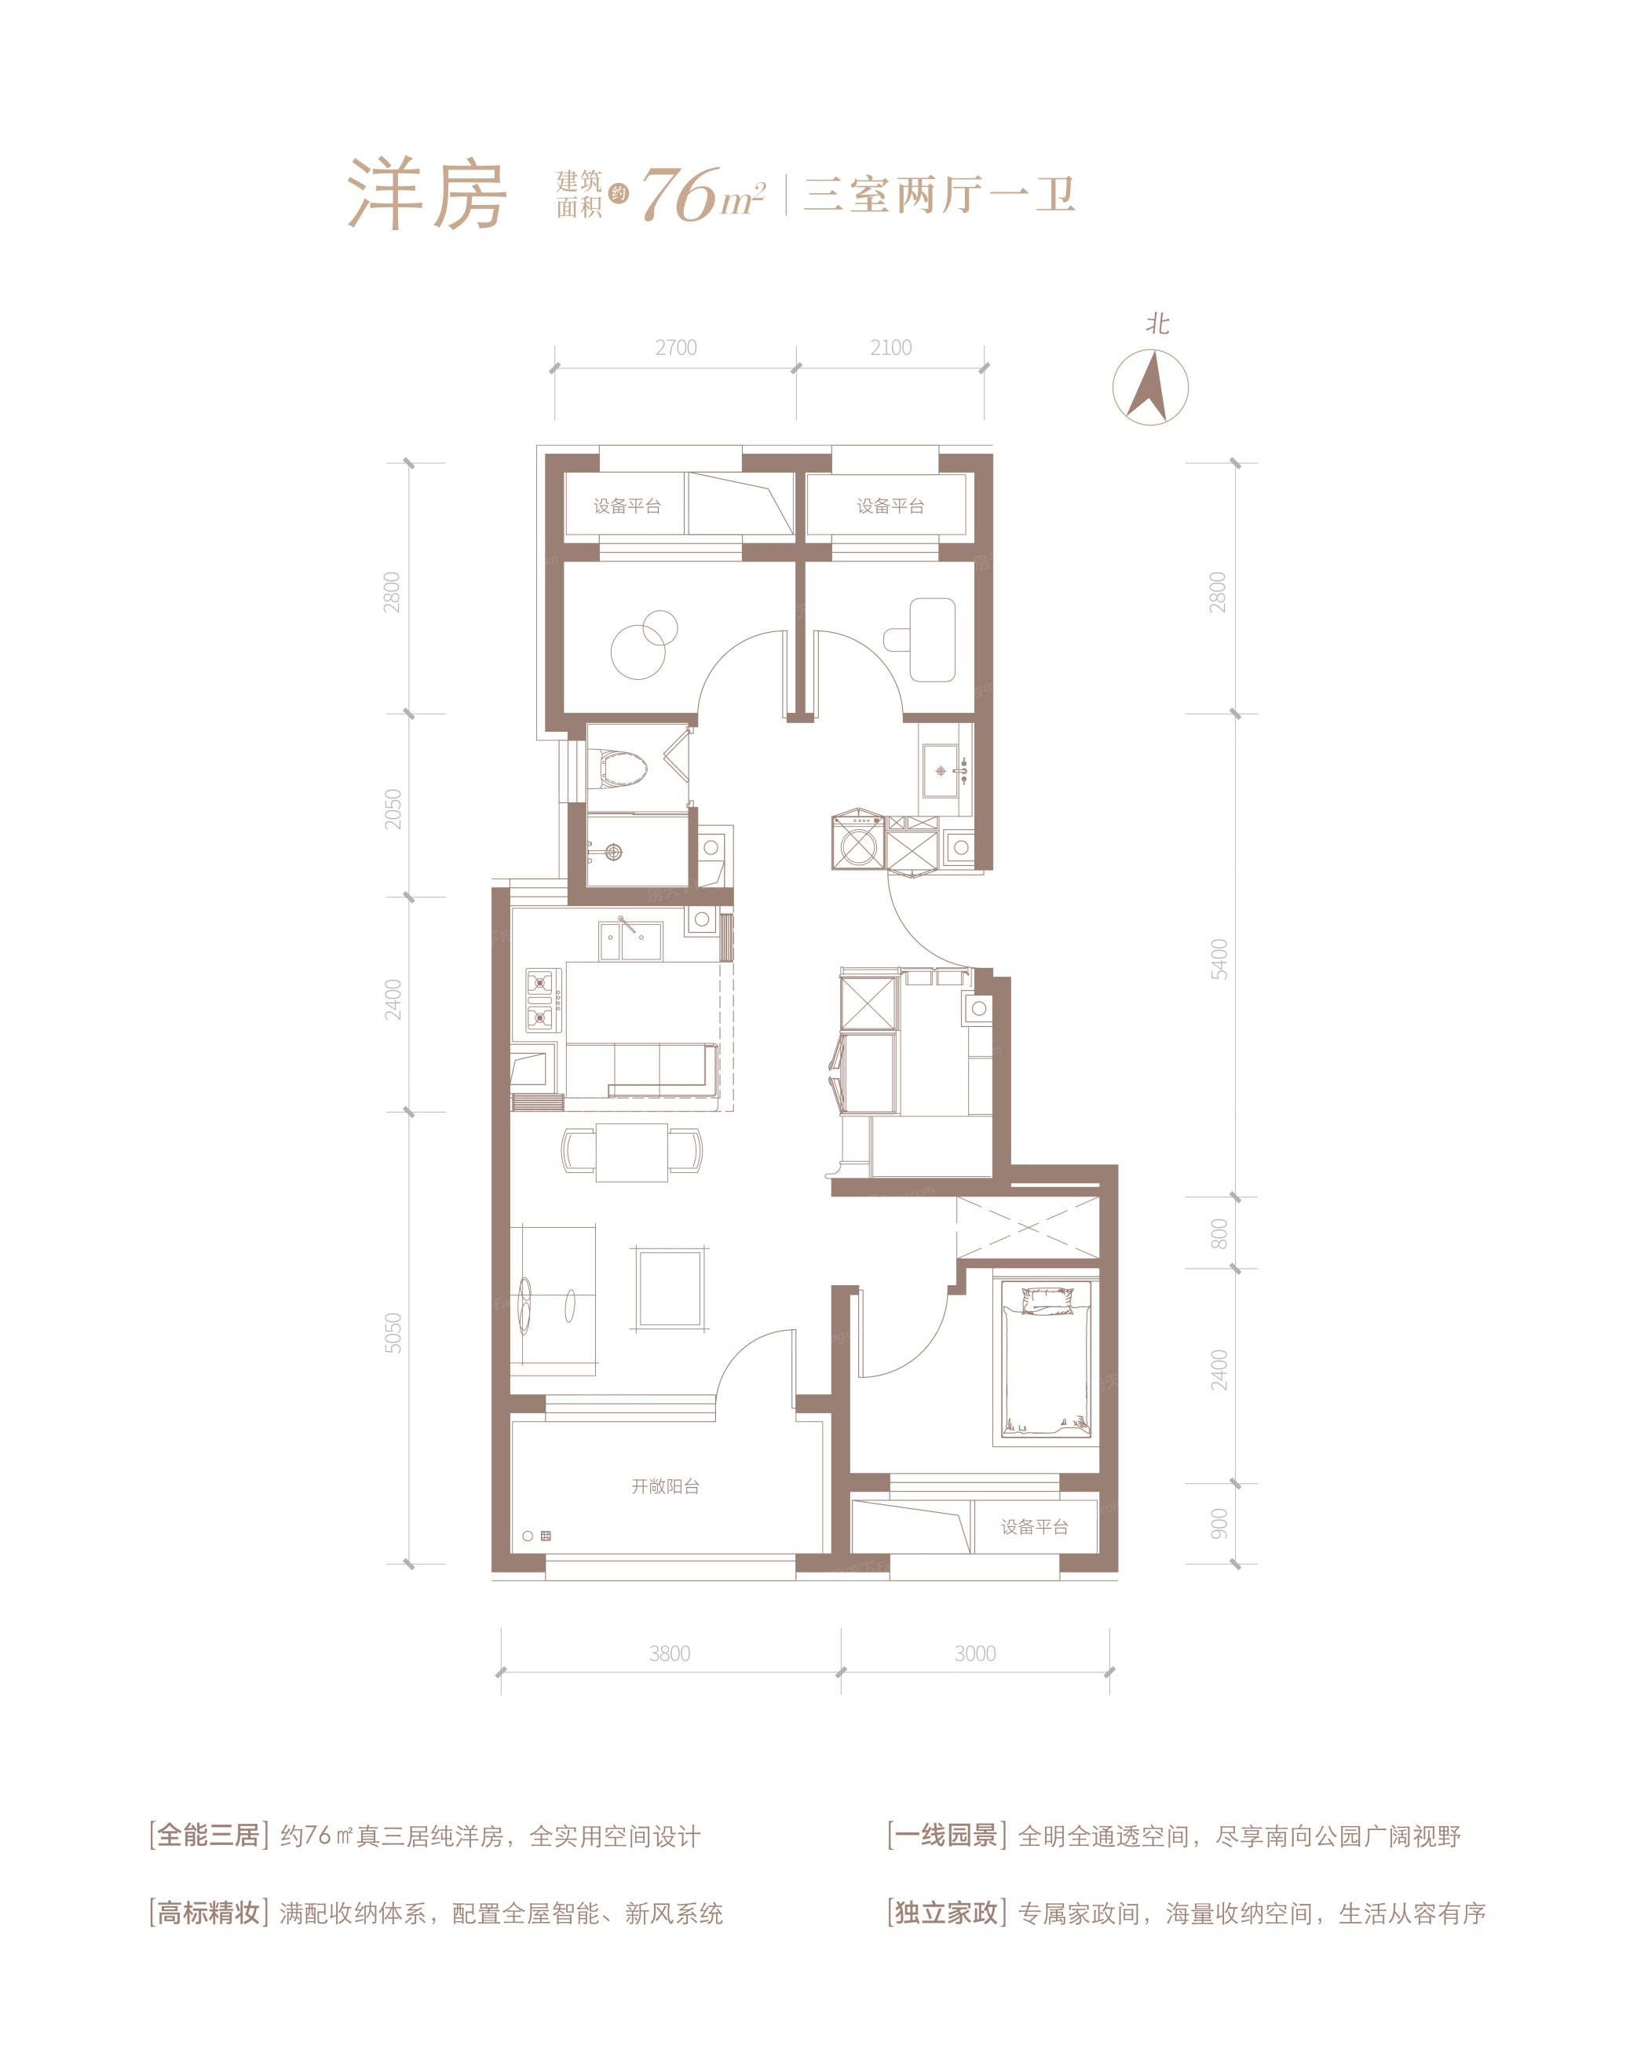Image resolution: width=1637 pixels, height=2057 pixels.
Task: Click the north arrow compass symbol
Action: pyautogui.click(x=1150, y=386)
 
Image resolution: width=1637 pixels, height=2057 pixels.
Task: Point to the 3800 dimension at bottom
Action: pyautogui.click(x=669, y=1653)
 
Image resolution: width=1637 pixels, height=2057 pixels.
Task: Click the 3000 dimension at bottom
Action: pyautogui.click(x=974, y=1653)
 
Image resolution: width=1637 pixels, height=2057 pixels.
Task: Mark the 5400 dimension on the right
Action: pyautogui.click(x=1219, y=959)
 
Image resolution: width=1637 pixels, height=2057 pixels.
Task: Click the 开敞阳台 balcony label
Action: pyautogui.click(x=665, y=1485)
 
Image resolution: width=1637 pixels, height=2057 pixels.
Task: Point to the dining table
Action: pyautogui.click(x=631, y=1151)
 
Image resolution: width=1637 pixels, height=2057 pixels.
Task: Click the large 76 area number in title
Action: pyautogui.click(x=679, y=196)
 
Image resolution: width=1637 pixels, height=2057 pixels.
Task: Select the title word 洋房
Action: pyautogui.click(x=426, y=195)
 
